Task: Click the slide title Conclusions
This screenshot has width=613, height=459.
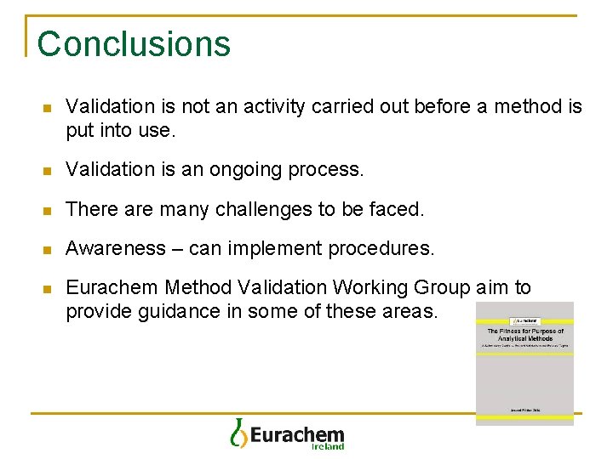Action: pyautogui.click(x=134, y=44)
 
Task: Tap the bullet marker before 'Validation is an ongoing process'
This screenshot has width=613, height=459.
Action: pyautogui.click(x=48, y=170)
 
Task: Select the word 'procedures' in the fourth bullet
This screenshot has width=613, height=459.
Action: pyautogui.click(x=388, y=248)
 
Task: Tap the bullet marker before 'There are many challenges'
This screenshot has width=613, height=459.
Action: pyautogui.click(x=48, y=209)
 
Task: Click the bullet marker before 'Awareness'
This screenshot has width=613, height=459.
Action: pyautogui.click(x=48, y=249)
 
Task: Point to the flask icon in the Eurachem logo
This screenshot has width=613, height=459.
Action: pyautogui.click(x=239, y=433)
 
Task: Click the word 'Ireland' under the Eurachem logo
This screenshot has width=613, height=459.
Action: pyautogui.click(x=327, y=445)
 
